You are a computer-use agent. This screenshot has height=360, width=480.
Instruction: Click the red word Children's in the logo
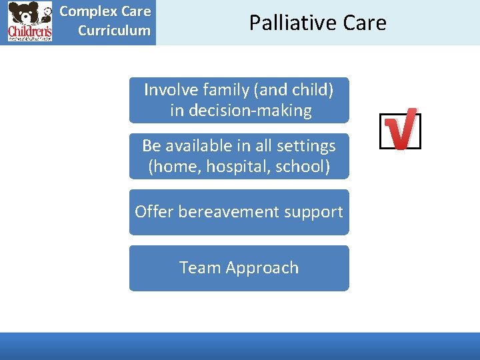pyautogui.click(x=29, y=32)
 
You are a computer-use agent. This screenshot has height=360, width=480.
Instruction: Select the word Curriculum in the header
pyautogui.click(x=114, y=30)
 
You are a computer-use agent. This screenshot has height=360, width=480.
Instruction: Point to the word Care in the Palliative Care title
pyautogui.click(x=364, y=23)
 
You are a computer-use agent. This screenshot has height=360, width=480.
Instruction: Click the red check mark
pyautogui.click(x=402, y=129)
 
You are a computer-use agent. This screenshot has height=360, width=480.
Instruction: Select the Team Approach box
pyautogui.click(x=239, y=268)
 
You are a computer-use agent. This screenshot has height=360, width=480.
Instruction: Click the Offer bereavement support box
pyautogui.click(x=239, y=212)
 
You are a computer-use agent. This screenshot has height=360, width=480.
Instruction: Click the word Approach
pyautogui.click(x=261, y=268)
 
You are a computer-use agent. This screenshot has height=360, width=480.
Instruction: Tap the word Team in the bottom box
pyautogui.click(x=199, y=268)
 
